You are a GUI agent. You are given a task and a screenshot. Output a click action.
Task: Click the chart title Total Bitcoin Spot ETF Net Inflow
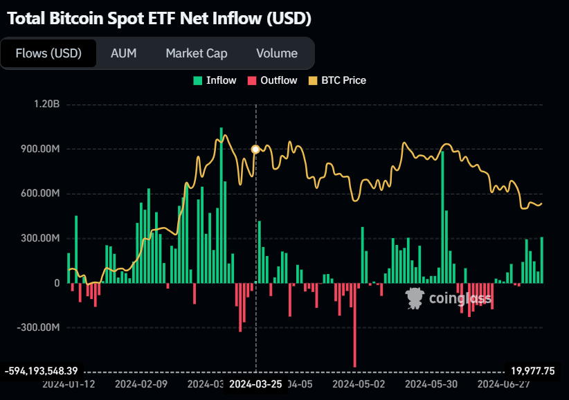pyautogui.click(x=159, y=19)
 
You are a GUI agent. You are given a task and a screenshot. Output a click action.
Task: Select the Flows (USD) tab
pyautogui.click(x=48, y=53)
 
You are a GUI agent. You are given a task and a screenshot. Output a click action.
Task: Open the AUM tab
pyautogui.click(x=123, y=53)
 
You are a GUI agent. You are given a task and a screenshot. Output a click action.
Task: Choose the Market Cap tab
pyautogui.click(x=196, y=53)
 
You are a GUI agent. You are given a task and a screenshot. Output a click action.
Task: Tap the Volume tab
pyautogui.click(x=276, y=53)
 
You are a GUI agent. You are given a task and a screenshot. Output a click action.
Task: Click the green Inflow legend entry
pyautogui.click(x=215, y=80)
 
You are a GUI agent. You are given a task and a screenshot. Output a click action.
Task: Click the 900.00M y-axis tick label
pyautogui.click(x=38, y=149)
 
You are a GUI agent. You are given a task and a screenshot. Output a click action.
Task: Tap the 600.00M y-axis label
pyautogui.click(x=38, y=194)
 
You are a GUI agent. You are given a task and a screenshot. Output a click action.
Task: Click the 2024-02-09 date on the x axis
pyautogui.click(x=141, y=383)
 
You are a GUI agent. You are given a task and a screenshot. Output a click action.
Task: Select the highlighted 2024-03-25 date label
pyautogui.click(x=256, y=383)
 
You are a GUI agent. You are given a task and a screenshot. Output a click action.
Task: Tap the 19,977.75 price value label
pyautogui.click(x=532, y=371)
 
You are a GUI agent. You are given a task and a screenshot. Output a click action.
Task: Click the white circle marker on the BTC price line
pyautogui.click(x=255, y=149)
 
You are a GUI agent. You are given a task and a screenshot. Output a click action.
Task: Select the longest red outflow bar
pyautogui.click(x=354, y=325)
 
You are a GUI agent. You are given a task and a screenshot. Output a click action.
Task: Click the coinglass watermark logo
pyautogui.click(x=449, y=298)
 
